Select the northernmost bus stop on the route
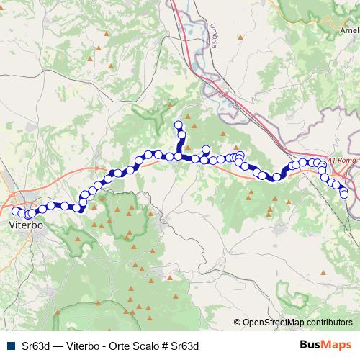(179, 125)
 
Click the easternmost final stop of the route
(344, 194)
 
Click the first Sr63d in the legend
(36, 345)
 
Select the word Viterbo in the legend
(81, 345)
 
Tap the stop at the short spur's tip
(205, 150)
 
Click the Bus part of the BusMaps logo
(310, 344)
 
